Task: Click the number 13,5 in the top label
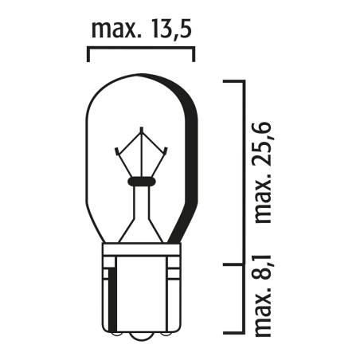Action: (x=168, y=30)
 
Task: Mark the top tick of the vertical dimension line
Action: (x=232, y=81)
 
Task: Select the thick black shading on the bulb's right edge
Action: (x=192, y=159)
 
